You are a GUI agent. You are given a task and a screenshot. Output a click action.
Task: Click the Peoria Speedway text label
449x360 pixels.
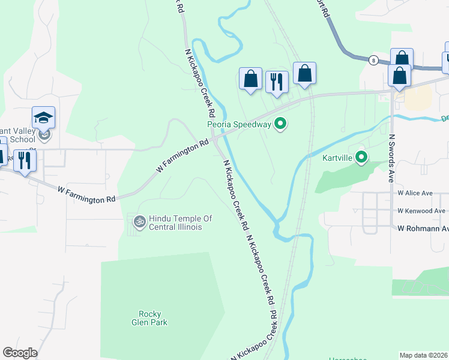240,125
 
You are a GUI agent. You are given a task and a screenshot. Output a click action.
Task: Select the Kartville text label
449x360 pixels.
335,158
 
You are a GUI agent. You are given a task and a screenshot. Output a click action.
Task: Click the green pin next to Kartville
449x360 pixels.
361,158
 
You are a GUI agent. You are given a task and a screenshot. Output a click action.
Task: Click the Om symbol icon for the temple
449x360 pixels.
139,222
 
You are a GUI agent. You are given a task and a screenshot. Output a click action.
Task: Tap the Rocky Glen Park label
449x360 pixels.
153,318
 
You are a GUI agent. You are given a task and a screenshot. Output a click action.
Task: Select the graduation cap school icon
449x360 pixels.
43,117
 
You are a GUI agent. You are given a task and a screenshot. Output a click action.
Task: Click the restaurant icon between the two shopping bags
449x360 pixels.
277,82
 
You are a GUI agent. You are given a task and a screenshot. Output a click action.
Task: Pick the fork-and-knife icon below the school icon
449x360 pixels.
25,160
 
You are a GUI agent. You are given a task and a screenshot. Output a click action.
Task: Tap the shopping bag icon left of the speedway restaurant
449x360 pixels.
250,79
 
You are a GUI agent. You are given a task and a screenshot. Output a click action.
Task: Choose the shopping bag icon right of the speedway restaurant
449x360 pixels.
304,73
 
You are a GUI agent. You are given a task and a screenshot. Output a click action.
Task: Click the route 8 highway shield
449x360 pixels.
374,60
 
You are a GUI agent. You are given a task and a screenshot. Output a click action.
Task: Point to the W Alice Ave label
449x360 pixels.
415,193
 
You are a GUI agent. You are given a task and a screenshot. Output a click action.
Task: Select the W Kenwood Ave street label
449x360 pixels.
421,211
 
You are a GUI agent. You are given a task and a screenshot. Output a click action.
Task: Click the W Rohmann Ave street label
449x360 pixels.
423,228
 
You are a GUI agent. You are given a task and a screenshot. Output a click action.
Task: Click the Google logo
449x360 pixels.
20,353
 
